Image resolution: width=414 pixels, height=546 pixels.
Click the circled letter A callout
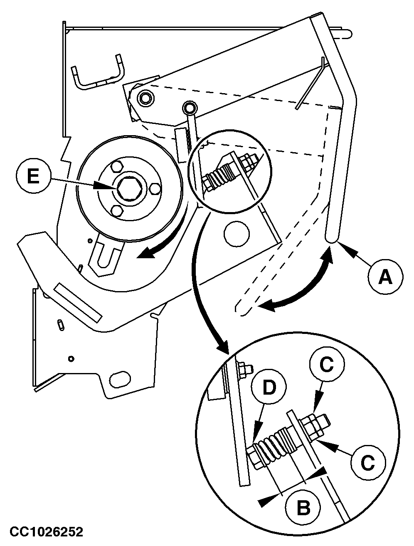pyautogui.click(x=385, y=277)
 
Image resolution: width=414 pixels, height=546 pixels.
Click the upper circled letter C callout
pyautogui.click(x=327, y=364)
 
